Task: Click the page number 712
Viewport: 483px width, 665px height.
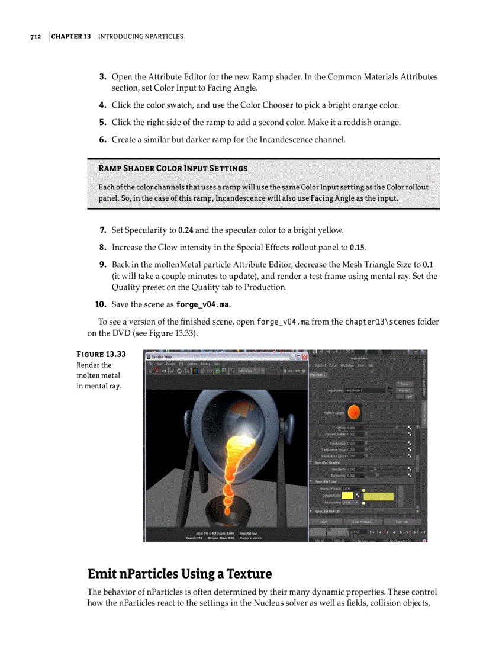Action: point(35,37)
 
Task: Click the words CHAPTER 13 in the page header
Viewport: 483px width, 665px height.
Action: point(71,37)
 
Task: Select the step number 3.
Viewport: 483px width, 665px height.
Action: point(102,77)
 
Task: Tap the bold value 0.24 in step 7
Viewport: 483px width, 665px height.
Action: point(185,230)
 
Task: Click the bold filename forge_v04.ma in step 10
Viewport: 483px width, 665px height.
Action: point(202,304)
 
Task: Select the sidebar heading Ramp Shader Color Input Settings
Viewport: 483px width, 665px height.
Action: point(173,168)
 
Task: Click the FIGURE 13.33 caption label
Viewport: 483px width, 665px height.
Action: point(101,354)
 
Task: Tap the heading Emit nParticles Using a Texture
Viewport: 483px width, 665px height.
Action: point(179,573)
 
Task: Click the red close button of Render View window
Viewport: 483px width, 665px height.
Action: point(304,357)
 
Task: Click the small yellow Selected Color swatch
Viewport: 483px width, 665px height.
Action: point(347,495)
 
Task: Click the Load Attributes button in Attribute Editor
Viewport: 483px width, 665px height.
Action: point(362,522)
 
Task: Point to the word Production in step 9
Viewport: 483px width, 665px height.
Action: point(267,287)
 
